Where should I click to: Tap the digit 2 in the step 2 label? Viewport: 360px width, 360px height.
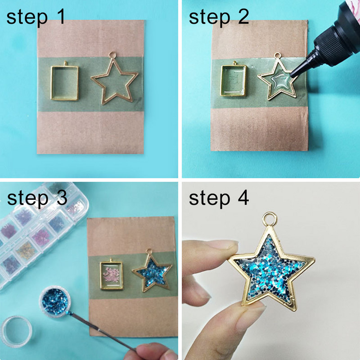click(x=243, y=17)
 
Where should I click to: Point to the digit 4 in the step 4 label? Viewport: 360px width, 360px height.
click(x=243, y=198)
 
